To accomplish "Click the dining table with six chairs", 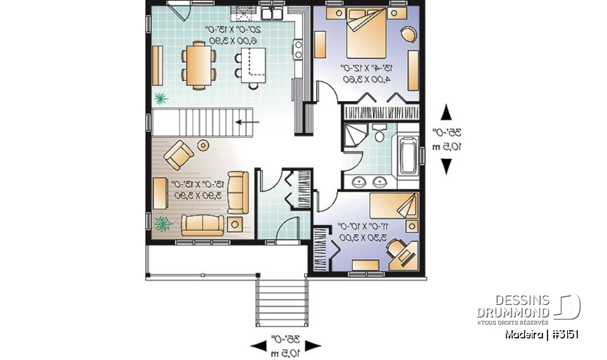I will click(198, 63).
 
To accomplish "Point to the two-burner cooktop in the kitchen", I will click(297, 49).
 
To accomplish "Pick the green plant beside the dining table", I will click(161, 98).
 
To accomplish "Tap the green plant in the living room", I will click(164, 223).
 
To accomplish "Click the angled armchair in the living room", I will click(178, 154).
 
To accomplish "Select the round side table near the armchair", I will click(203, 146).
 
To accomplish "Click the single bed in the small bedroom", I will click(394, 206).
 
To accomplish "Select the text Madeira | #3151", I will click(542, 334).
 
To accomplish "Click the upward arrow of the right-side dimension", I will click(446, 113).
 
